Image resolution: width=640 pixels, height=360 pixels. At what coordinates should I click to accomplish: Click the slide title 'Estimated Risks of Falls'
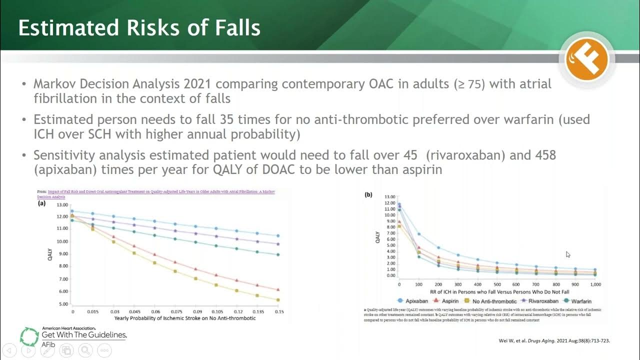tap(139, 27)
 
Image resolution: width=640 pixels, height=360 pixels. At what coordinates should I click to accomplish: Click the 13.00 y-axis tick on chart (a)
tap(62, 205)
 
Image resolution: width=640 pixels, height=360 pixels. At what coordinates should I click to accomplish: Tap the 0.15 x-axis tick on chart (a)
tap(278, 311)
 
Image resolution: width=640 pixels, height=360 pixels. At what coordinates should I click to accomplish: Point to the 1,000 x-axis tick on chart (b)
tap(595, 284)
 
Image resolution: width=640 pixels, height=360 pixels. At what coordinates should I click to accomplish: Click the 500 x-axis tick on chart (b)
tap(497, 284)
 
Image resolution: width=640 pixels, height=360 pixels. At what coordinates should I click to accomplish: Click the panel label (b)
tap(368, 194)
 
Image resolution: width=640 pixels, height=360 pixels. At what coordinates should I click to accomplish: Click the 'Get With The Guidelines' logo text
tap(84, 334)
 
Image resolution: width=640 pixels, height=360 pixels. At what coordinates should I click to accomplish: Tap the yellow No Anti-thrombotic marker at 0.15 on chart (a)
tap(278, 300)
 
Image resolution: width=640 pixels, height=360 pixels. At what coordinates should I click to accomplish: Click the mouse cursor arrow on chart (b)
tap(568, 254)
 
